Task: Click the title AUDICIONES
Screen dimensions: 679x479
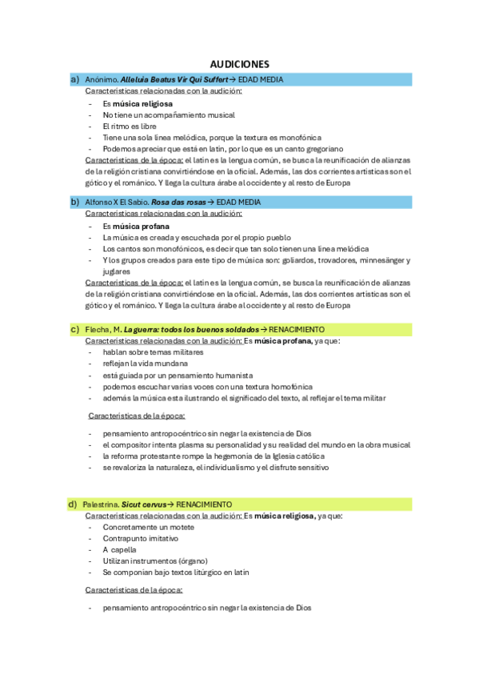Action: pyautogui.click(x=239, y=64)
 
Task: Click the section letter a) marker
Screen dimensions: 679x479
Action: pyautogui.click(x=74, y=79)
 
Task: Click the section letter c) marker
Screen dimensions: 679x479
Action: pyautogui.click(x=74, y=329)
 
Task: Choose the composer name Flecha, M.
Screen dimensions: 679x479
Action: pyautogui.click(x=102, y=330)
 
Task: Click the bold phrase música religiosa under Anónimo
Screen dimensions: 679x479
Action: pyautogui.click(x=142, y=103)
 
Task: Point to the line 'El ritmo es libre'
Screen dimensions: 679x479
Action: pyautogui.click(x=130, y=127)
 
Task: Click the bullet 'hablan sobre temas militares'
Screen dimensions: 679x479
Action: pyautogui.click(x=153, y=352)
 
